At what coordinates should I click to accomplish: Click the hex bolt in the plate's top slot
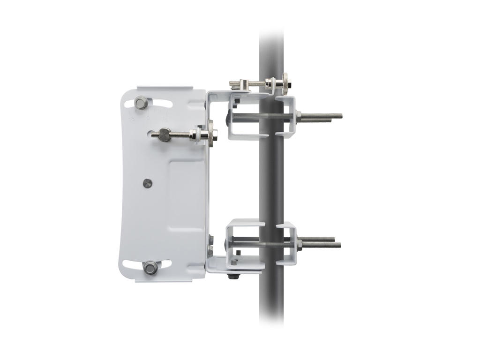tap(140, 102)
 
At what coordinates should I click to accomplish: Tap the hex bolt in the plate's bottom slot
tap(150, 268)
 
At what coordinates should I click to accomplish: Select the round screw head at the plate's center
tap(148, 183)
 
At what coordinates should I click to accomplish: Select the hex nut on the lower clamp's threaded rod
tap(297, 242)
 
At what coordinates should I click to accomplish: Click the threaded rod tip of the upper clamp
tap(339, 115)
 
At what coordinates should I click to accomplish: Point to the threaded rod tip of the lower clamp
tap(338, 244)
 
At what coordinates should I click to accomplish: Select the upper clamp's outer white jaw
tap(287, 117)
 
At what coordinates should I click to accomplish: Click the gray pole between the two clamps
tap(271, 183)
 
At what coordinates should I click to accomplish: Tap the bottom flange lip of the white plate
tap(164, 280)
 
